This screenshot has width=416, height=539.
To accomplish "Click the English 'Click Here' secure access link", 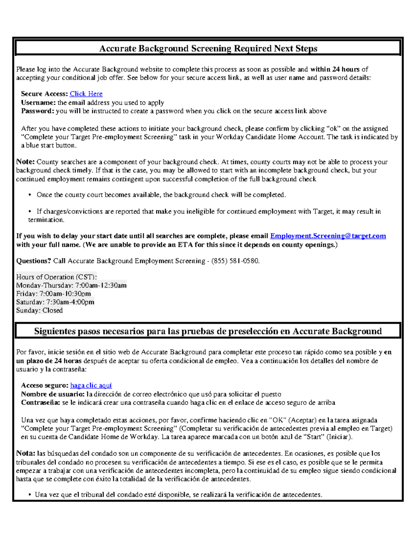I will pyautogui.click(x=86, y=94).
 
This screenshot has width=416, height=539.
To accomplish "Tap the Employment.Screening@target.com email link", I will pyautogui.click(x=328, y=236).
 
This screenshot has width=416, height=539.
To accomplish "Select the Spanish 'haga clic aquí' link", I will pyautogui.click(x=91, y=385).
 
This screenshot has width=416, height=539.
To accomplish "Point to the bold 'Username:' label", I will pyautogui.click(x=38, y=102).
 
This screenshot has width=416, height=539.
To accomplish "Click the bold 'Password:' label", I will pyautogui.click(x=37, y=111).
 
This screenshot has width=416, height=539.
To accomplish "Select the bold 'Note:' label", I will pyautogui.click(x=25, y=162).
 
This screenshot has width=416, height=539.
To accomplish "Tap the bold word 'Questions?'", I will pyautogui.click(x=34, y=261).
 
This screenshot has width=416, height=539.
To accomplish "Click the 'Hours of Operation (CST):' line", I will pyautogui.click(x=56, y=277).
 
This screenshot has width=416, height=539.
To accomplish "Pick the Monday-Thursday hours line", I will pyautogui.click(x=71, y=285).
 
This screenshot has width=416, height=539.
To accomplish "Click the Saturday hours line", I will pyautogui.click(x=55, y=302).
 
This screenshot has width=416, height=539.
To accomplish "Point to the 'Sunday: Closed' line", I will pyautogui.click(x=39, y=310).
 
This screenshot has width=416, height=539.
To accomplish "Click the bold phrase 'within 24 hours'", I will pyautogui.click(x=335, y=69).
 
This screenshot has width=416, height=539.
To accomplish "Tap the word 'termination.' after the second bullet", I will pyautogui.click(x=46, y=220).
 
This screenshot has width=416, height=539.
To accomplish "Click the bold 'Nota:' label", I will pyautogui.click(x=26, y=453).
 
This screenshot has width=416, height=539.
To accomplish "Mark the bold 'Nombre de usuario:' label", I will pyautogui.click(x=53, y=394).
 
